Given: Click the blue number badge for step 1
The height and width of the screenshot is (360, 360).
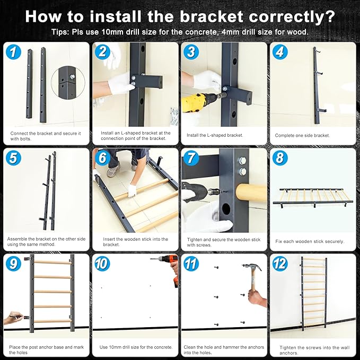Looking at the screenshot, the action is pos(13,52).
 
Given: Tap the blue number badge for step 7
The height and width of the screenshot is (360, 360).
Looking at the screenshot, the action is pos(191,158).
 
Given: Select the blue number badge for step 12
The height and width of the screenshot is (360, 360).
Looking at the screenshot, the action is pos(280,264).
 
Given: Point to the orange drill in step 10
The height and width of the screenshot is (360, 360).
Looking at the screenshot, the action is pos(169,267).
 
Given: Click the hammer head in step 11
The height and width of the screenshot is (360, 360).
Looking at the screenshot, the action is pos(252,267).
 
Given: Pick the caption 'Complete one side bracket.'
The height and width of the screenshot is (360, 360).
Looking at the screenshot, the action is pos(302,135).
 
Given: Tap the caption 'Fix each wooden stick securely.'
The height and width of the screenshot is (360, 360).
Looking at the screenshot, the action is pos(310,241).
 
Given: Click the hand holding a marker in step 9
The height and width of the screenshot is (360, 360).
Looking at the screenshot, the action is pos(14,318).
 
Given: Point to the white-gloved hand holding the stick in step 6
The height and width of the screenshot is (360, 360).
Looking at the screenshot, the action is pos(132,190).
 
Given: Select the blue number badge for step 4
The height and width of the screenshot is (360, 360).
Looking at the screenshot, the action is pos(280,52).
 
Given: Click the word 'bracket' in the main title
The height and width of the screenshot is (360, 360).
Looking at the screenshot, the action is pos(211,16).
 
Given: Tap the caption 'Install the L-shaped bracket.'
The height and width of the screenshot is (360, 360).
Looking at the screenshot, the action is pos(215,135).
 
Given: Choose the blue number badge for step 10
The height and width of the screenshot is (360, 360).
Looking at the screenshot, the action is pos(102,264).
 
